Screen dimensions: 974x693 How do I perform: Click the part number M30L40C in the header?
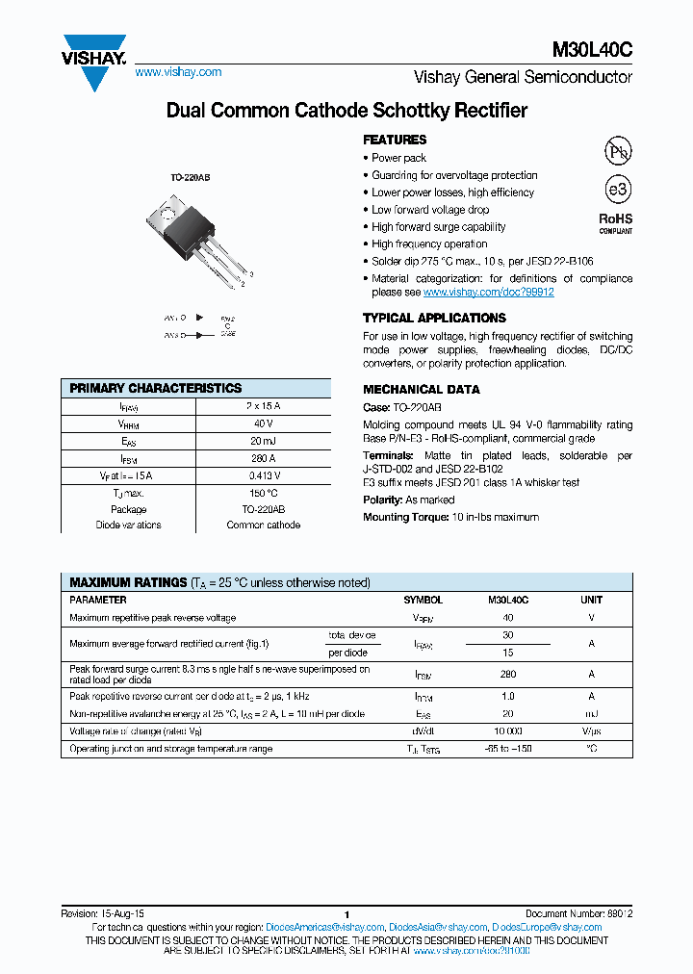(x=592, y=51)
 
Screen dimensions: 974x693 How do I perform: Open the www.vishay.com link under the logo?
(x=178, y=72)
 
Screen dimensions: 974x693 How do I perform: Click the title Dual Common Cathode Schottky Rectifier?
(x=346, y=111)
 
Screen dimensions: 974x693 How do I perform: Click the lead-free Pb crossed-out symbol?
(x=617, y=151)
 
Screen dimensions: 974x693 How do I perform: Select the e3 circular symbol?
(x=617, y=188)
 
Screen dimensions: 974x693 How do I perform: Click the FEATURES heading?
(x=395, y=140)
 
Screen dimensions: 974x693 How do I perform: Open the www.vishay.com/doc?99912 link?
(x=488, y=292)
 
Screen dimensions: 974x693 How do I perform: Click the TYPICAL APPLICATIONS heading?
(x=434, y=318)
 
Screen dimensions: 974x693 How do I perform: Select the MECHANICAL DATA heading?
(x=421, y=390)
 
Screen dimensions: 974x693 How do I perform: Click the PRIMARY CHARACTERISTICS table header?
(x=156, y=388)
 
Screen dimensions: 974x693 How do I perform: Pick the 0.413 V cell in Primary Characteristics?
(x=264, y=475)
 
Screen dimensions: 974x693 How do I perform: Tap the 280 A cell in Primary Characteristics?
(x=264, y=458)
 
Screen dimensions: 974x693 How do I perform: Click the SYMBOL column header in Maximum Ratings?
(x=423, y=600)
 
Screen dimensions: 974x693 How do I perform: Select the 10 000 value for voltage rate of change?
(x=508, y=731)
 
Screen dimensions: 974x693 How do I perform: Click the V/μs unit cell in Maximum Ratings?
(x=591, y=731)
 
